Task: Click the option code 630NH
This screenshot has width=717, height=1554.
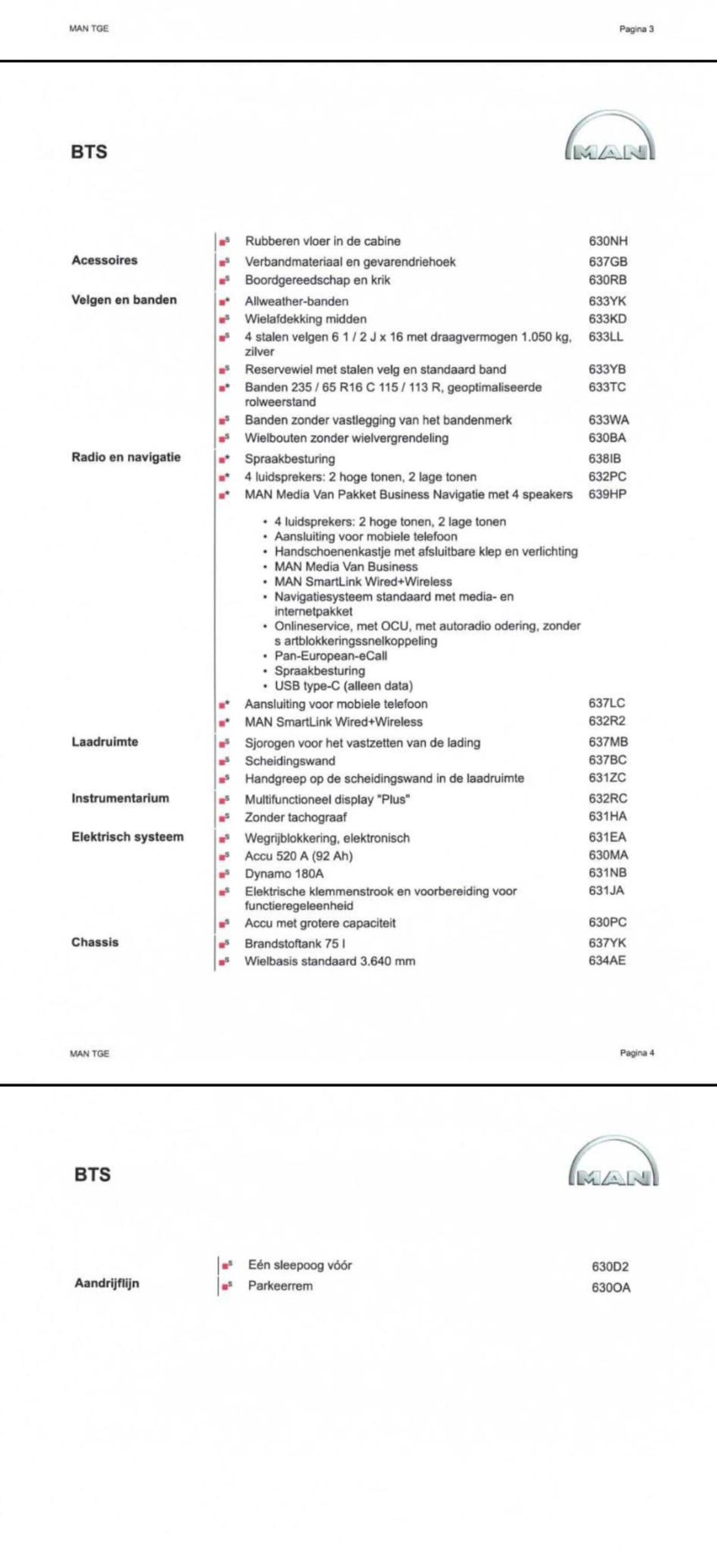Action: pyautogui.click(x=608, y=241)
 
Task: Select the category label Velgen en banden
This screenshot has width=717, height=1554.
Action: pyautogui.click(x=124, y=300)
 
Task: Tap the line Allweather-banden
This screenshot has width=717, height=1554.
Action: pyautogui.click(x=296, y=301)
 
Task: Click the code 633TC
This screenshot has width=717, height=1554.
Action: pyautogui.click(x=607, y=387)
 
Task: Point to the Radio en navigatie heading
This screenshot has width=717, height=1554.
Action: pyautogui.click(x=126, y=457)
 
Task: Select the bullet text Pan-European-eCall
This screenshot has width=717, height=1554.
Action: pyautogui.click(x=330, y=656)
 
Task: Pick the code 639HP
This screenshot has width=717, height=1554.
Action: pyautogui.click(x=607, y=494)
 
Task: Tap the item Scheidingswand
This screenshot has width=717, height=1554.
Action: pyautogui.click(x=290, y=761)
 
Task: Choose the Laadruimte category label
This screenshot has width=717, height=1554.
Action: pyautogui.click(x=105, y=742)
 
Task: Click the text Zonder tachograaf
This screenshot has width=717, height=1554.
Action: pyautogui.click(x=296, y=817)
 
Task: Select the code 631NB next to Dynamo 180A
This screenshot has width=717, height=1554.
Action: pyautogui.click(x=607, y=873)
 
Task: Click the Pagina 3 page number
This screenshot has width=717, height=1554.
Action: pyautogui.click(x=636, y=29)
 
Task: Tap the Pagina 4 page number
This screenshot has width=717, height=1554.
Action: pyautogui.click(x=637, y=1053)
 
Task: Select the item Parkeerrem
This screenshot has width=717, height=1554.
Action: pyautogui.click(x=280, y=1286)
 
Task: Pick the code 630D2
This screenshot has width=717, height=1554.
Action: pyautogui.click(x=609, y=1267)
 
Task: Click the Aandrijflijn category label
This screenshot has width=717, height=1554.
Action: pyautogui.click(x=107, y=1283)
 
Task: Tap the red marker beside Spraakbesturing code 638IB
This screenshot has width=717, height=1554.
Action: pyautogui.click(x=223, y=459)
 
